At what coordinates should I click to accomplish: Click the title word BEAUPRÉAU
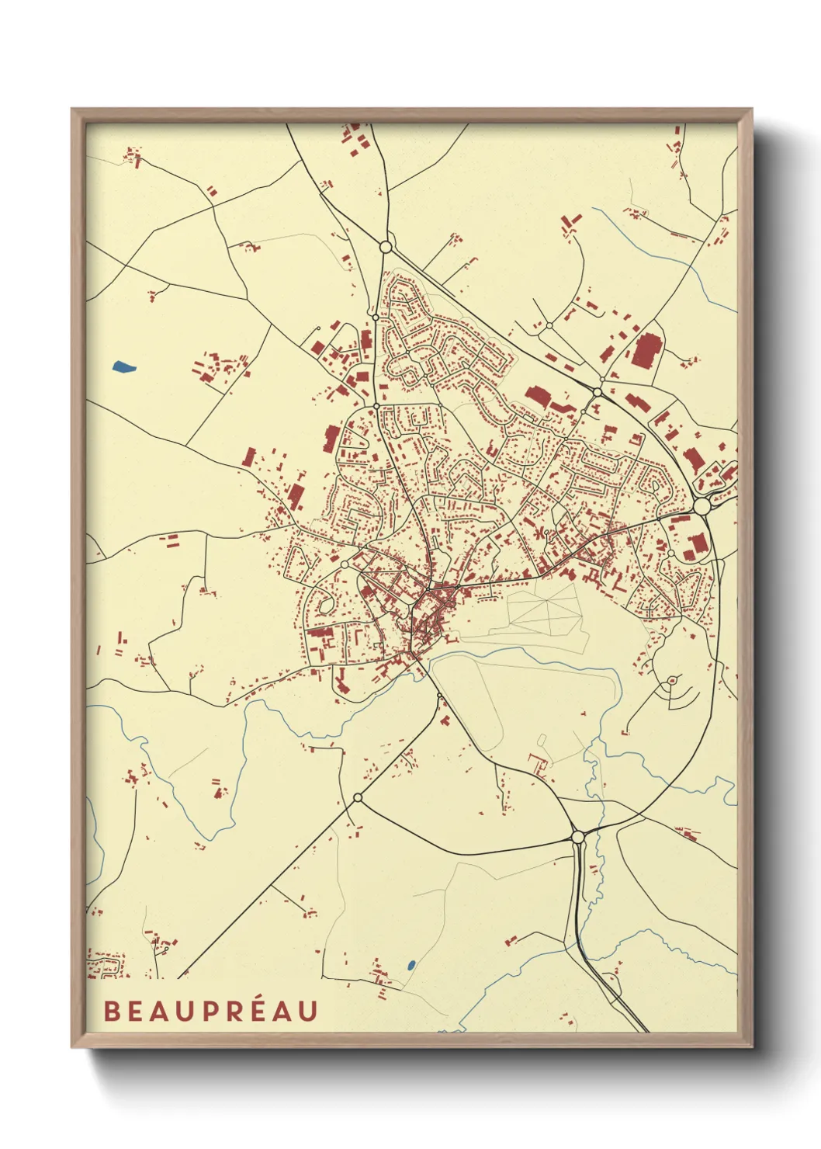210,1011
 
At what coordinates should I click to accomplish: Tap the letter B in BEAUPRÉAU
112,1011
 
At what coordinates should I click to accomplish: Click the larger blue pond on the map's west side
123,366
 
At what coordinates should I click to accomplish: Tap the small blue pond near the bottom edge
410,966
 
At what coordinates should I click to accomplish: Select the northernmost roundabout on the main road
386,247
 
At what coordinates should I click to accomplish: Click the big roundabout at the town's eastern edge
701,506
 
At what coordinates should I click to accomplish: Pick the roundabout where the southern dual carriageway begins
577,836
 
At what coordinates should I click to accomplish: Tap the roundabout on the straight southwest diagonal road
358,797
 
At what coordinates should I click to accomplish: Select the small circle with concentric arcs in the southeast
671,681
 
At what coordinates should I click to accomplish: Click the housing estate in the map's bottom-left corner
104,965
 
